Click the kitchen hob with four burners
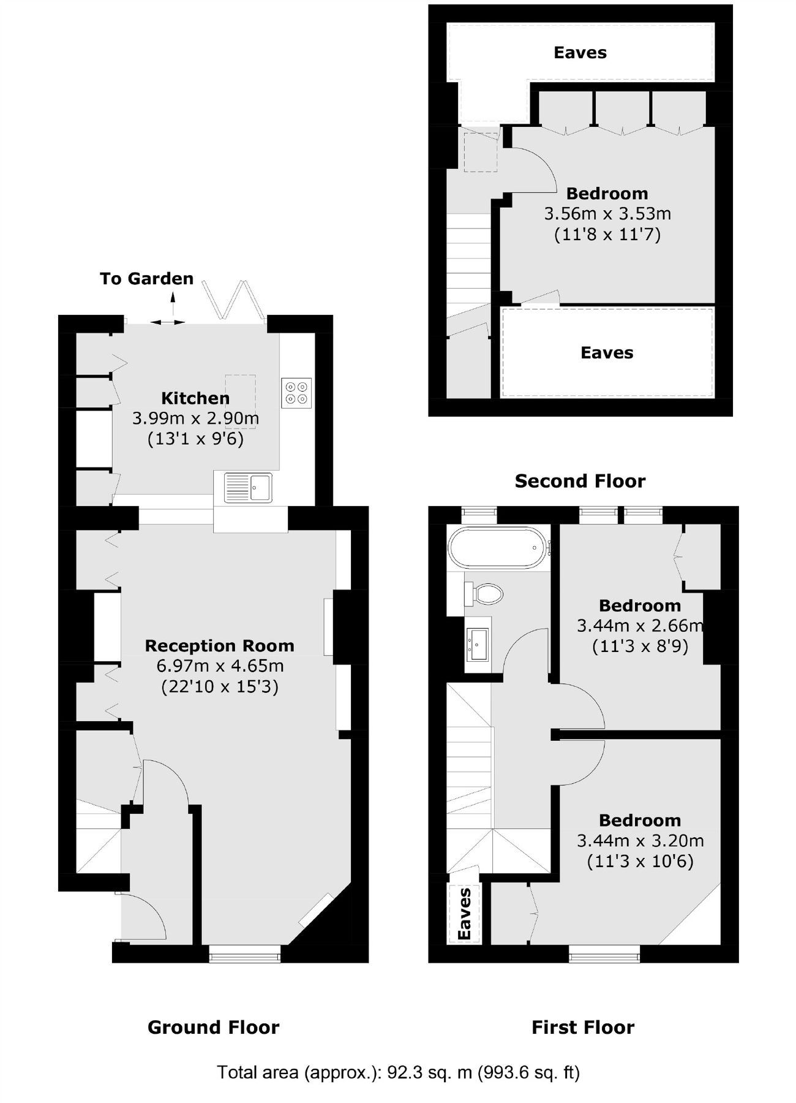point(296,393)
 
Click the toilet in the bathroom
point(485,594)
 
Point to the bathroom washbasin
point(478,645)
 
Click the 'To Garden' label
point(146,279)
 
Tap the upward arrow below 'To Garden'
point(173,303)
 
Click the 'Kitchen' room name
point(195,398)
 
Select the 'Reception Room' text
point(219,646)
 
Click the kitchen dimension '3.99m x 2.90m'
point(195,419)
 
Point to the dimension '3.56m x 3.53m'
point(607,214)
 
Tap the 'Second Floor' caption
point(580,481)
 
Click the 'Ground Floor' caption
point(213,1027)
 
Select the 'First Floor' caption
point(582,1027)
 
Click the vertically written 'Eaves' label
point(465,914)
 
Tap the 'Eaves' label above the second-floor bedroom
point(580,53)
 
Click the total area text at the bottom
point(398,1072)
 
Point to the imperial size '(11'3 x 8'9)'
point(640,646)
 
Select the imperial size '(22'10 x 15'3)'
point(219,686)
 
